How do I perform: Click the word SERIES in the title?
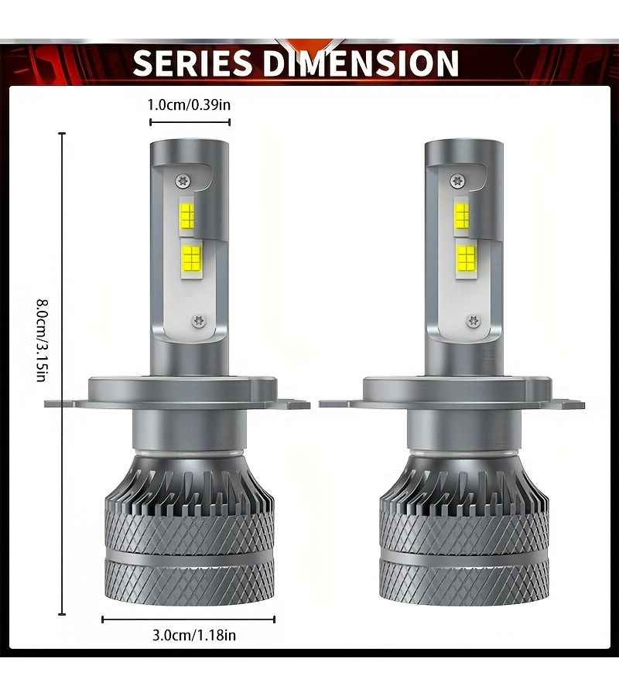tap(192, 63)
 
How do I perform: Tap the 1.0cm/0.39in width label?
tap(189, 104)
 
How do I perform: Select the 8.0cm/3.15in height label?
tap(41, 340)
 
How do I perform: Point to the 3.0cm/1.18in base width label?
tap(194, 635)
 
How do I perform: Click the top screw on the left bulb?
tap(183, 181)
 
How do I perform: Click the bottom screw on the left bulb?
tap(199, 320)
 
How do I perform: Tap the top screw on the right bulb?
tap(457, 181)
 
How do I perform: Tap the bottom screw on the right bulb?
tap(474, 320)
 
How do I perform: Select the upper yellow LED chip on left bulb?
tap(187, 214)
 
